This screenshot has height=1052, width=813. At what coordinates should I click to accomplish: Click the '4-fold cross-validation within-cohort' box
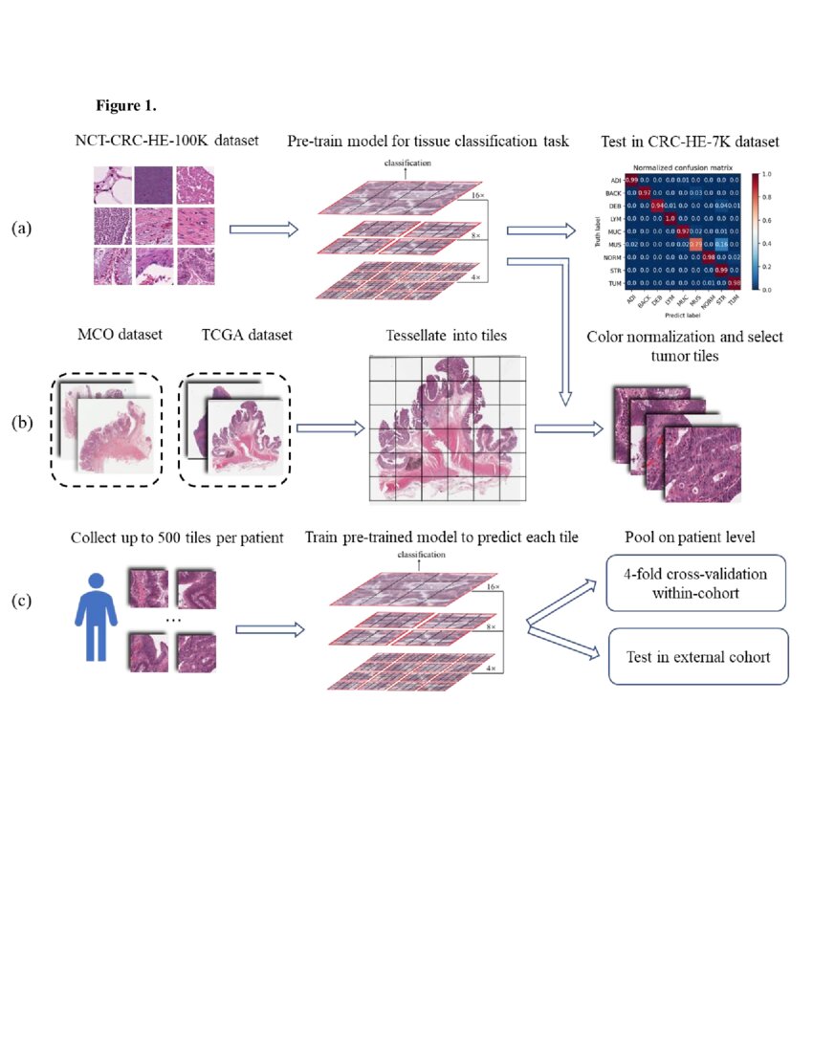point(696,583)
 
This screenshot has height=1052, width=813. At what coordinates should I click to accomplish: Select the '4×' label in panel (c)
point(491,668)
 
